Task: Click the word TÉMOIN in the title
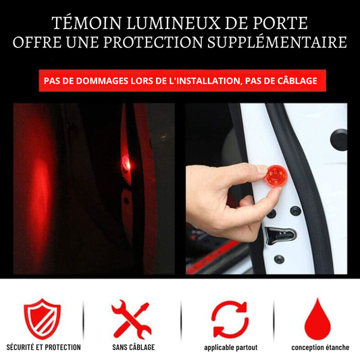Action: click(x=86, y=23)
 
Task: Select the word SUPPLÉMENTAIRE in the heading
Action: click(x=277, y=43)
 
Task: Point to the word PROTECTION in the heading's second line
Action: click(x=153, y=43)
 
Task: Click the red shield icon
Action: click(x=42, y=319)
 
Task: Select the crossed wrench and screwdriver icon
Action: click(x=131, y=319)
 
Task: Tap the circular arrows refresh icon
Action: click(x=230, y=319)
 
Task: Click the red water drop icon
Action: click(x=317, y=319)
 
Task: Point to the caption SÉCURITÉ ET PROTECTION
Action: click(x=44, y=347)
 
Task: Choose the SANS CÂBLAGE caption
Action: click(x=134, y=347)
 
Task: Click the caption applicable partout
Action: click(x=231, y=348)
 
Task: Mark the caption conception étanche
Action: click(x=320, y=347)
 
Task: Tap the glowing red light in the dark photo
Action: click(x=126, y=162)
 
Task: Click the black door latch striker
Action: click(x=280, y=234)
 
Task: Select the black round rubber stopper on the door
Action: click(x=339, y=139)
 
